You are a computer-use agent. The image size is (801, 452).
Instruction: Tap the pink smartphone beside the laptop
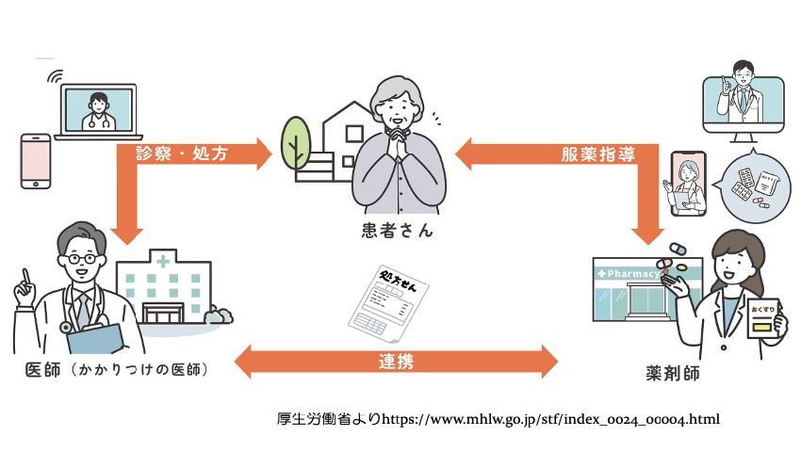(36, 161)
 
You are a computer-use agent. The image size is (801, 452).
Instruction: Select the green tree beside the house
(295, 142)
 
